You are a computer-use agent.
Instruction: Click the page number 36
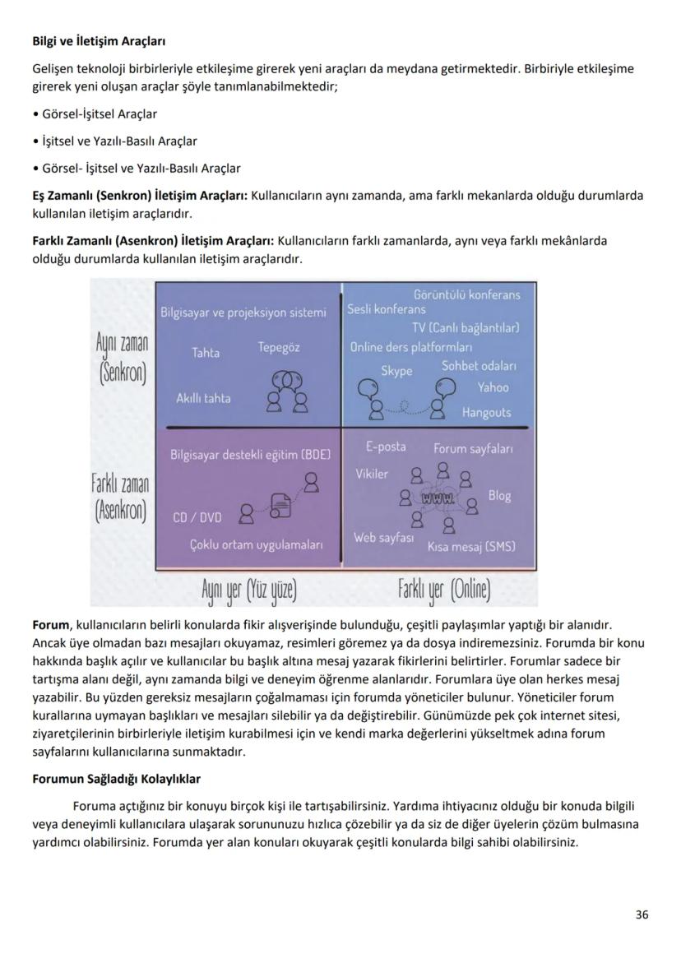[x=642, y=914]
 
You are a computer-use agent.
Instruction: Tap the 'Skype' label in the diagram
[x=396, y=372]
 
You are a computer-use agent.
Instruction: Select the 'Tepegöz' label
[x=278, y=347]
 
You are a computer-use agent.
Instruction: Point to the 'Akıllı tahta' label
[x=203, y=398]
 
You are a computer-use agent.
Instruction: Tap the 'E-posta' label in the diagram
[x=386, y=447]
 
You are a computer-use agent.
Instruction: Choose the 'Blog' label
[x=499, y=495]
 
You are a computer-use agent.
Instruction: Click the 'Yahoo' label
[x=493, y=387]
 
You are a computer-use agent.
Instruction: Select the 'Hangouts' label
[x=485, y=412]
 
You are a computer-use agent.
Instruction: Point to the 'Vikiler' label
[x=372, y=474]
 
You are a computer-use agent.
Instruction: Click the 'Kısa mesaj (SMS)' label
[x=471, y=546]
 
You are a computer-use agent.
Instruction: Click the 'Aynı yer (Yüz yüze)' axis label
[x=248, y=589]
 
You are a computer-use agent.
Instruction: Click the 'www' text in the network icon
[x=437, y=498]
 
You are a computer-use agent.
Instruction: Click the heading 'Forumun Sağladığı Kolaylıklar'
[x=116, y=778]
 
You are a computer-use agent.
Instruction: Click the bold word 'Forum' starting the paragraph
[x=50, y=626]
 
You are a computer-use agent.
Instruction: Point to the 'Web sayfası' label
[x=383, y=537]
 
